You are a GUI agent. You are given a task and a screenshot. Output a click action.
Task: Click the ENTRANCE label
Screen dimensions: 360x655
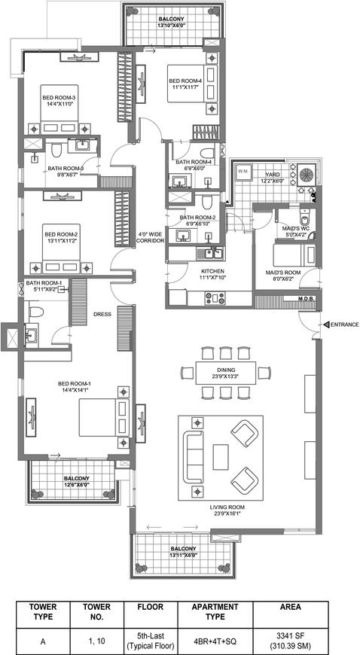pyautogui.click(x=344, y=324)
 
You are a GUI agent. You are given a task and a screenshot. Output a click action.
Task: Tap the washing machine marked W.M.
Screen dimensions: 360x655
pyautogui.click(x=243, y=172)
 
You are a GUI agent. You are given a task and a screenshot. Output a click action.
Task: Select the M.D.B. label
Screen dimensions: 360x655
pyautogui.click(x=306, y=300)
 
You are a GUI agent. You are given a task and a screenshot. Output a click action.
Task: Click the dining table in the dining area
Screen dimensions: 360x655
pyautogui.click(x=225, y=373)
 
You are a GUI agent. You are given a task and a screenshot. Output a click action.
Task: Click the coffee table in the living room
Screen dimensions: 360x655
pyautogui.click(x=221, y=457)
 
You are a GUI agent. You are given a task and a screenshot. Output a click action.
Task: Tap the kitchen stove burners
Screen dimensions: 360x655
pyautogui.click(x=214, y=298)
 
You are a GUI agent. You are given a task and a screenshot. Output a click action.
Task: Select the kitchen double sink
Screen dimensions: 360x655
pyautogui.click(x=210, y=253)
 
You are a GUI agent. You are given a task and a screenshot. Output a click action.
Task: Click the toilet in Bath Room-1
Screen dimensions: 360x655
pyautogui.click(x=36, y=312)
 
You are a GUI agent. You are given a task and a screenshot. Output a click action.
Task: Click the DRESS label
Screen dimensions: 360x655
pyautogui.click(x=102, y=315)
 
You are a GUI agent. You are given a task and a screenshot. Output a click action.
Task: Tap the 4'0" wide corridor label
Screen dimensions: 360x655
pyautogui.click(x=151, y=238)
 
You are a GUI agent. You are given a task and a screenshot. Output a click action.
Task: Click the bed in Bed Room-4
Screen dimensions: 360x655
pyautogui.click(x=191, y=84)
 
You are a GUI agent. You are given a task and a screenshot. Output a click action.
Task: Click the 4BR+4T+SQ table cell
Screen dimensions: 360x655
pyautogui.click(x=215, y=638)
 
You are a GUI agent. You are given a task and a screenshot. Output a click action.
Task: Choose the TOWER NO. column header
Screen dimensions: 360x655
pyautogui.click(x=96, y=611)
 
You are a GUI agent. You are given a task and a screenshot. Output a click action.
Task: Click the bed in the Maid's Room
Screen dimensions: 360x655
pyautogui.click(x=288, y=254)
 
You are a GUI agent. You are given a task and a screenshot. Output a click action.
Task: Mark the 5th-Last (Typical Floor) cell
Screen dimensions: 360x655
pyautogui.click(x=151, y=638)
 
